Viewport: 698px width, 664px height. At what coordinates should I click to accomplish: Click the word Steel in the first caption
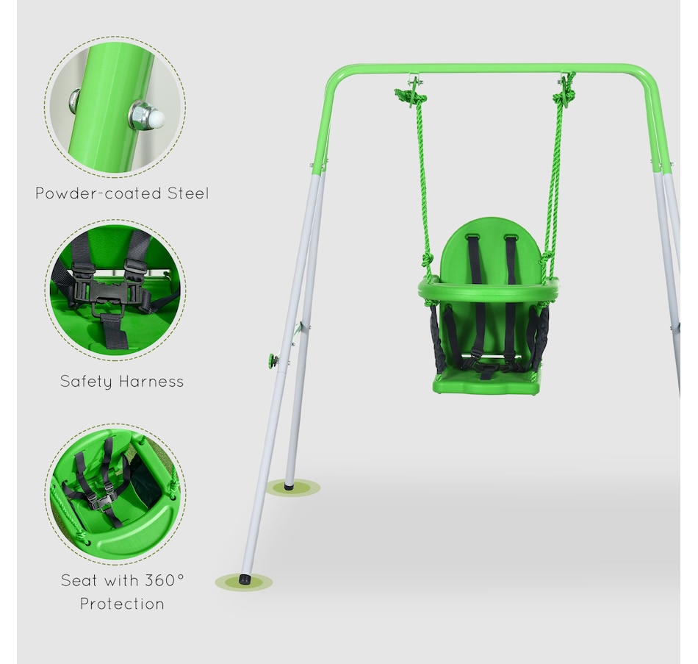coord(188,193)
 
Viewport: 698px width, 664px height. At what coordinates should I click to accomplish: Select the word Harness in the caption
coord(151,382)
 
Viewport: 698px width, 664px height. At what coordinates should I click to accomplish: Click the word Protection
coord(122,604)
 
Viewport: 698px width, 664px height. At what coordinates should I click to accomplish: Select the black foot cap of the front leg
coord(245,579)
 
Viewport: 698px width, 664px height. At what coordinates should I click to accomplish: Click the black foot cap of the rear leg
coord(289,486)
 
